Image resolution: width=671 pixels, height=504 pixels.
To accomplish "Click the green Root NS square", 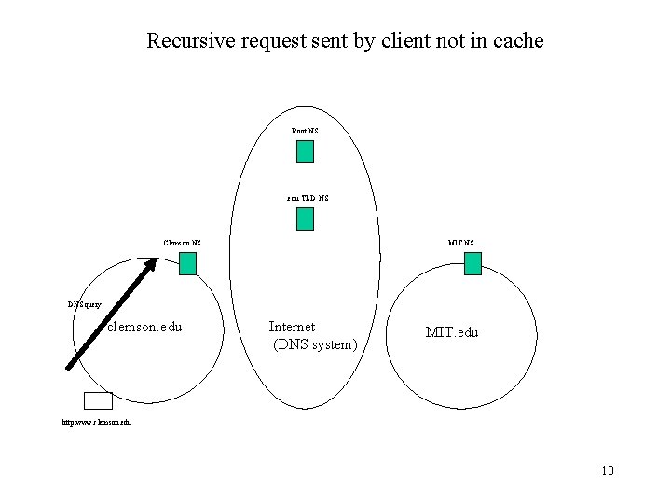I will point(305,151).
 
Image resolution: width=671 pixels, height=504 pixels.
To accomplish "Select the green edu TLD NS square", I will point(305,218).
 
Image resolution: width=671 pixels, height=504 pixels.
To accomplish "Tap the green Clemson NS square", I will point(188,263).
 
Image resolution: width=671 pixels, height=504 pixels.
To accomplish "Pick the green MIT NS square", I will point(472,263).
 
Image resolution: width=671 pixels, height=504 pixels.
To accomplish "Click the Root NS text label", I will point(305,132).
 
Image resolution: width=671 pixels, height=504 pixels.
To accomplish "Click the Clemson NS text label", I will point(182,243).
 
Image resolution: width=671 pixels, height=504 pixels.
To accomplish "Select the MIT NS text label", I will point(460,243).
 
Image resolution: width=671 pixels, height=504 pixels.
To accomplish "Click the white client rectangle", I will point(98,400).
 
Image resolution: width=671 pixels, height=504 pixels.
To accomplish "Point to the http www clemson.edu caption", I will point(96,422).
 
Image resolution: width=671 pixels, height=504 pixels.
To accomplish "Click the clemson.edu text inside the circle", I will point(144,328).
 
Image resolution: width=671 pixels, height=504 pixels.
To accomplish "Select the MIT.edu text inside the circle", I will point(451,332).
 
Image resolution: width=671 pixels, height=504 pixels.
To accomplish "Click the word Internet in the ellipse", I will point(292,327).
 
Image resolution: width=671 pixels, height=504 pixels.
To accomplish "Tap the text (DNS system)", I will point(314,345).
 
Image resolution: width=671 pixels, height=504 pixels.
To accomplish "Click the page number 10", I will point(608,470).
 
